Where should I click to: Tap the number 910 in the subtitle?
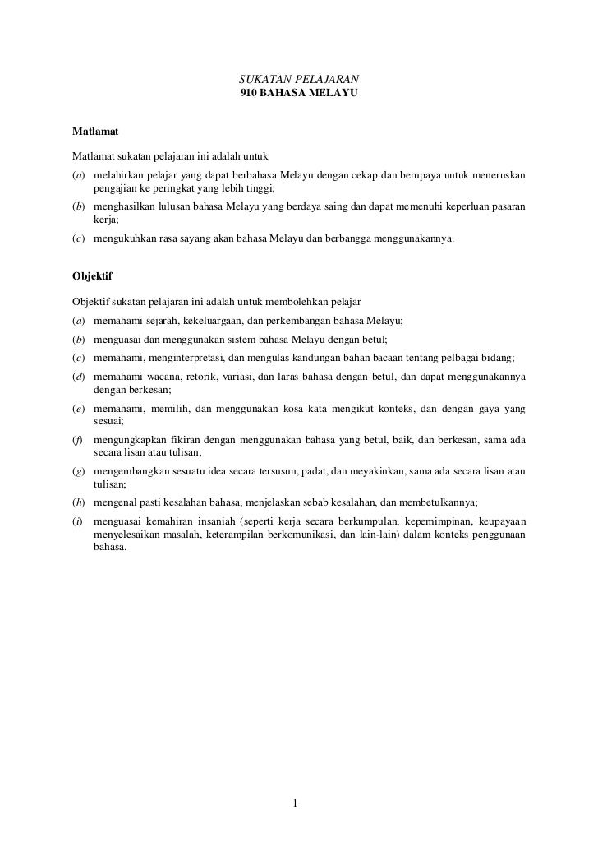point(247,95)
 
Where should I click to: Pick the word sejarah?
point(156,320)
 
